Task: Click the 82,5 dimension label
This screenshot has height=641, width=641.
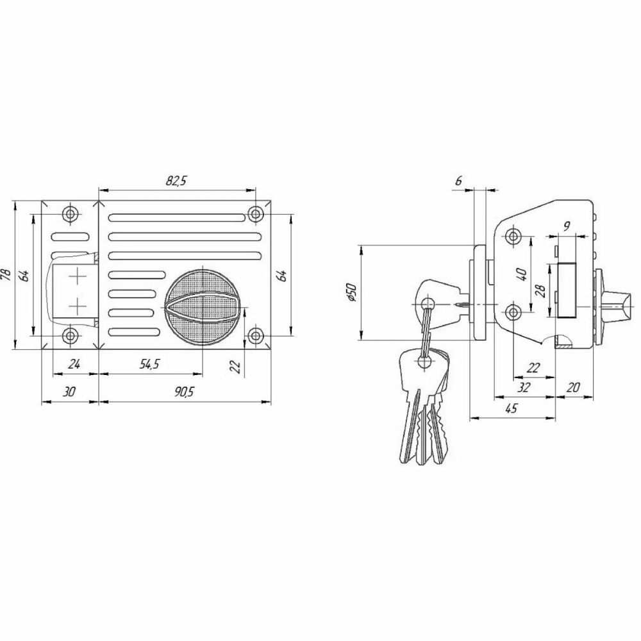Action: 176,181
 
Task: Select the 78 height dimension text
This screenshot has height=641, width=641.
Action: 6,274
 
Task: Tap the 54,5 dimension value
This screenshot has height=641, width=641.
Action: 149,364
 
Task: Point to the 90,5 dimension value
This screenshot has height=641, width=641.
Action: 183,392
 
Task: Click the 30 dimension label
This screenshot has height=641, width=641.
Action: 70,392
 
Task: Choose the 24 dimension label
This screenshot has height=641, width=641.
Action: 74,363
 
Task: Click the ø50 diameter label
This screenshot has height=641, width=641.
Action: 353,292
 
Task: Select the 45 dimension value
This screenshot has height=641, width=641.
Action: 512,408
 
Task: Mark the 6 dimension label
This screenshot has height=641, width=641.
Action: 459,180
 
